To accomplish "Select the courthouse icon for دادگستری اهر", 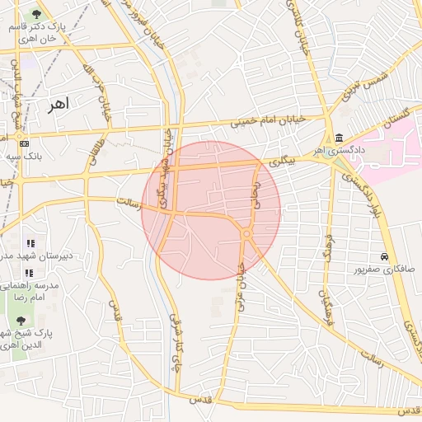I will pos(340,138).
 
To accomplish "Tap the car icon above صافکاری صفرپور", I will pos(384,256).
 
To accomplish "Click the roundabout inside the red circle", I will pos(246,235).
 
